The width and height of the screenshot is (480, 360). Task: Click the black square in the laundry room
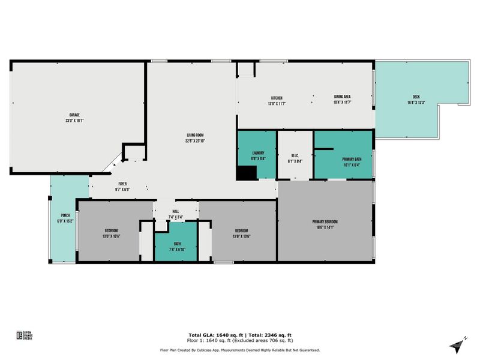(246, 173)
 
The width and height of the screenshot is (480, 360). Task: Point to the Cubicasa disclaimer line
(239, 350)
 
